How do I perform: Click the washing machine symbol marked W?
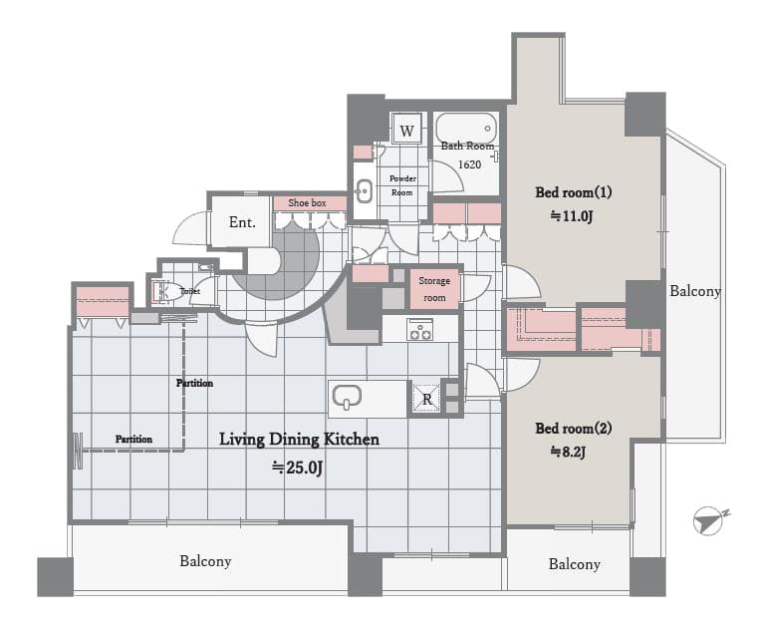tap(406, 130)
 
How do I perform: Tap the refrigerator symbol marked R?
tap(427, 399)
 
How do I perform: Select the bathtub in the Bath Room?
tap(466, 128)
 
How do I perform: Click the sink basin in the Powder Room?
tap(364, 190)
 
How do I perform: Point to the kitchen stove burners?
tap(420, 329)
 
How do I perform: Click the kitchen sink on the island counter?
tap(347, 397)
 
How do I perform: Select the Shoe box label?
tap(307, 202)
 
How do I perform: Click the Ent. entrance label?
tap(242, 222)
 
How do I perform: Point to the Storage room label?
tap(434, 289)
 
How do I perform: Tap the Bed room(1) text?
tap(574, 192)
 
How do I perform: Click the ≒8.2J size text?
tap(568, 452)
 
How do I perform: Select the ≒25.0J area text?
tap(298, 468)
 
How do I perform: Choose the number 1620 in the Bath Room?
tap(469, 164)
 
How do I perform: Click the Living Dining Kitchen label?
tap(299, 440)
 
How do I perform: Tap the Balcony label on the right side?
tap(695, 291)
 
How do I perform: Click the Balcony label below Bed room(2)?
tap(574, 564)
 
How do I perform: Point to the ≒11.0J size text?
tap(572, 216)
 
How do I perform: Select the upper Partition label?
tap(194, 383)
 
